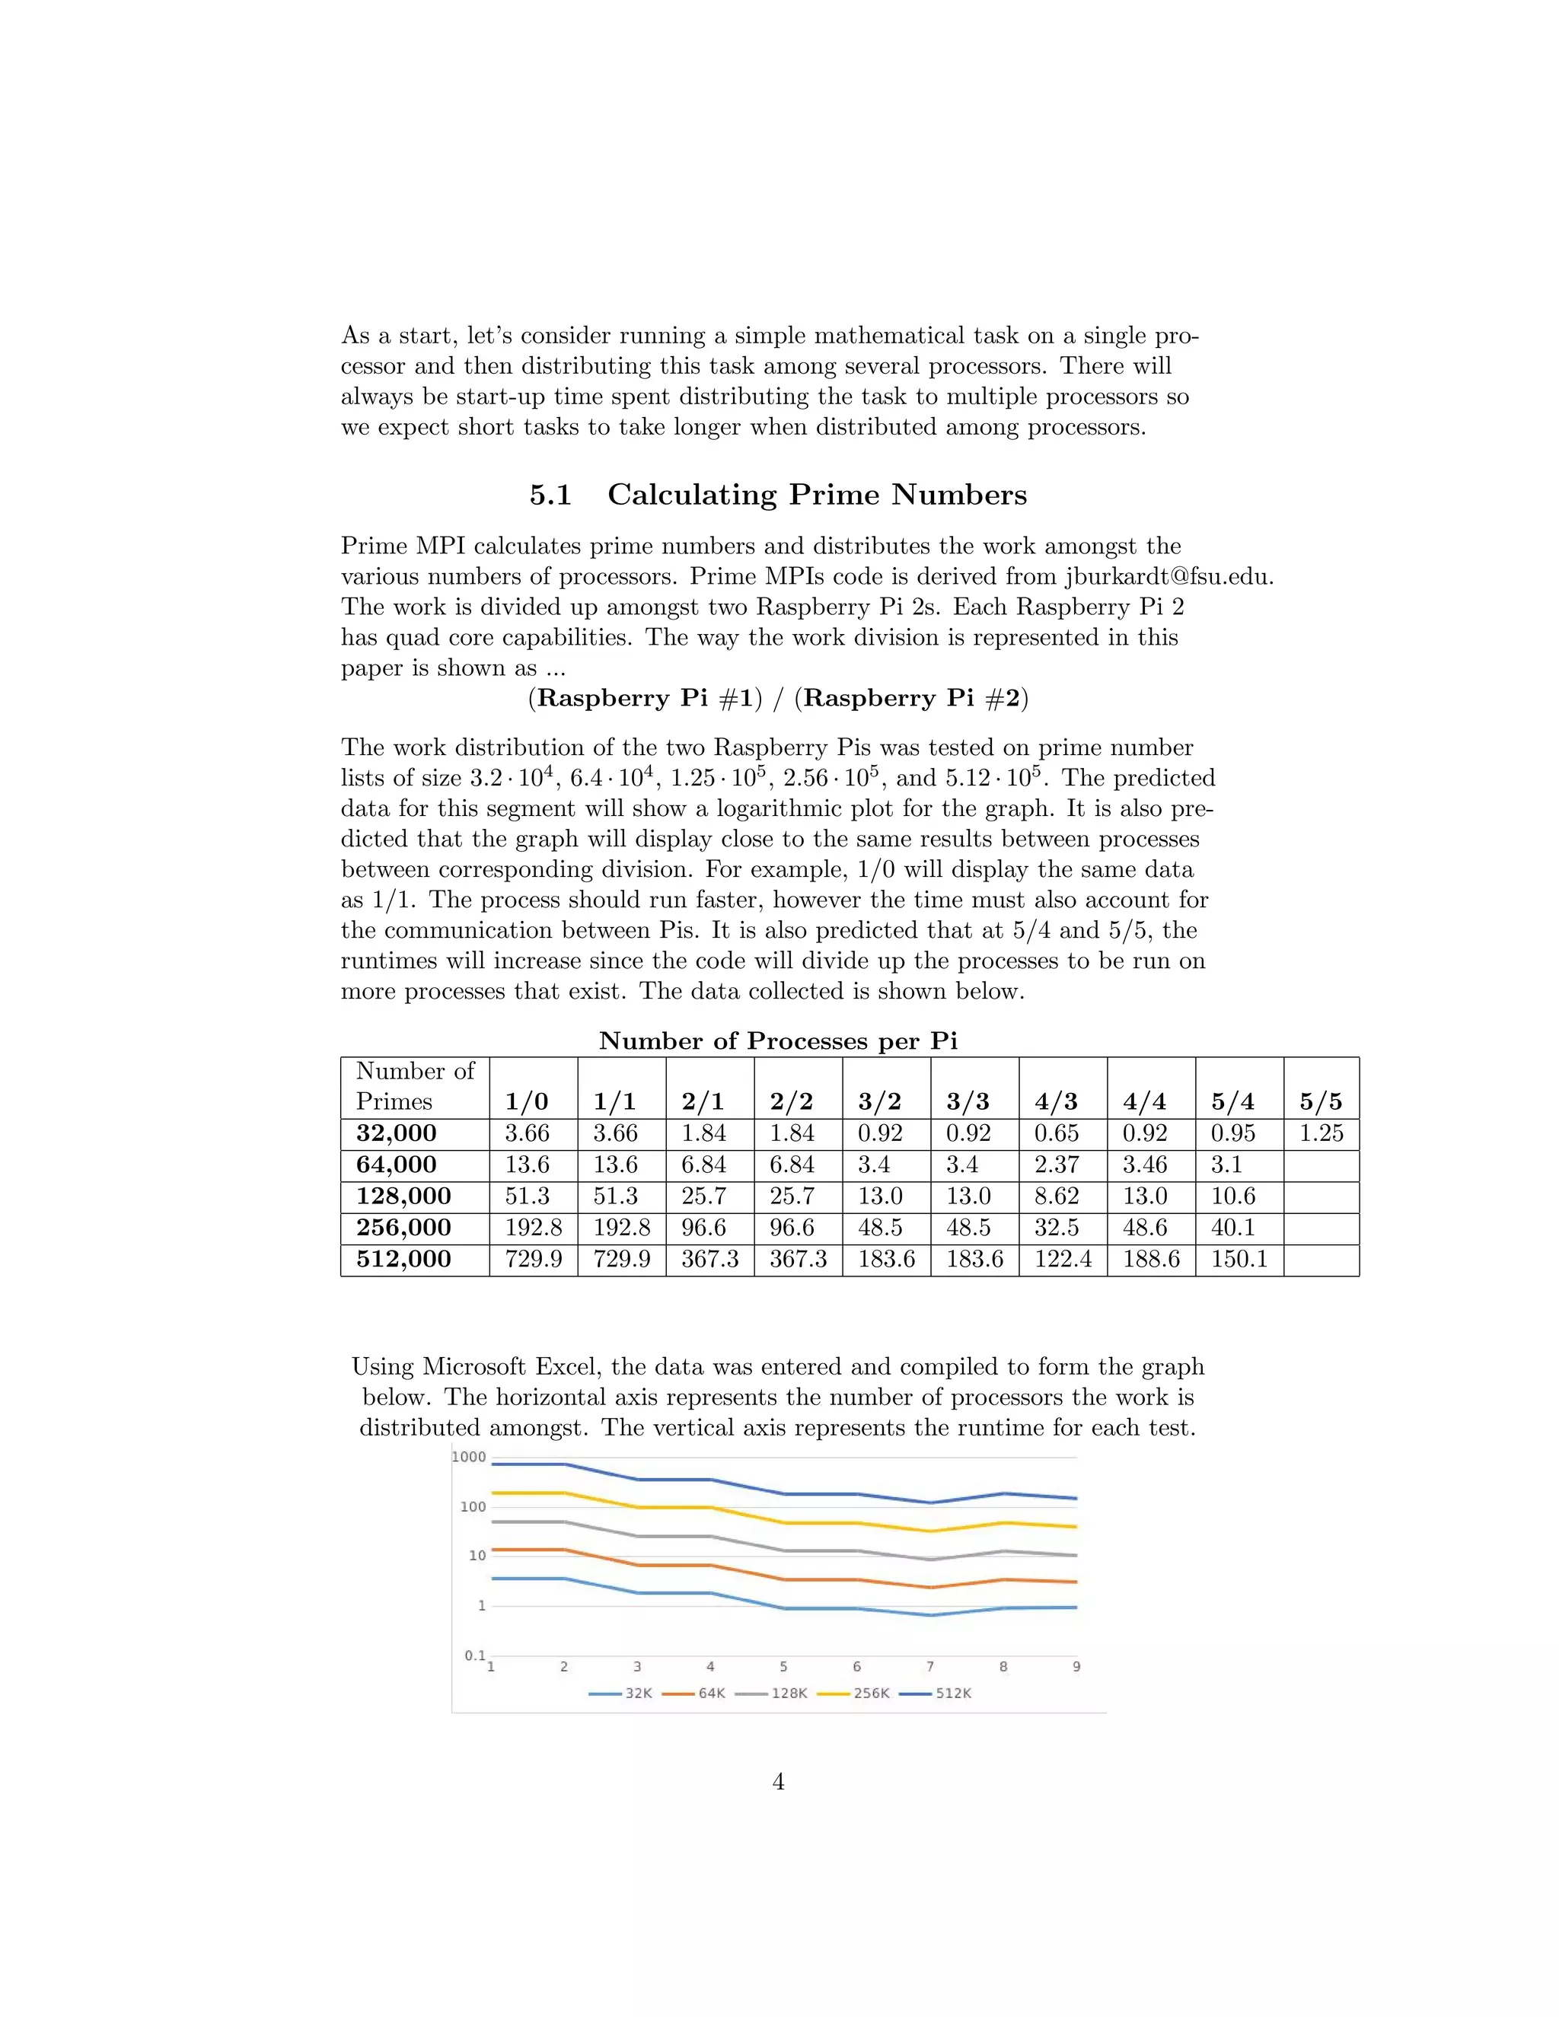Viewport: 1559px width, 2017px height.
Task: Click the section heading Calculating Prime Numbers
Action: coord(817,495)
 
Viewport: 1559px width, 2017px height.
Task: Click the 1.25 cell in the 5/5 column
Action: coord(1321,1133)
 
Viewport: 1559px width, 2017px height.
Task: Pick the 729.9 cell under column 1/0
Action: coord(533,1259)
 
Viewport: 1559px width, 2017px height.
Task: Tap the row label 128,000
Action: coord(403,1196)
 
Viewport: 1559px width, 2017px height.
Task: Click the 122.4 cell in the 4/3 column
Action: coord(1062,1259)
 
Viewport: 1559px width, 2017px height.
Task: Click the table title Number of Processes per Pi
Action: coord(778,1040)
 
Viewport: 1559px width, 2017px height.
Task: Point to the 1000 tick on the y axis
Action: coord(469,1458)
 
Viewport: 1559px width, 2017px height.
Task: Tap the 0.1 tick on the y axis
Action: coord(475,1655)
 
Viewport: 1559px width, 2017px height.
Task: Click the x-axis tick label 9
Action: coord(1076,1667)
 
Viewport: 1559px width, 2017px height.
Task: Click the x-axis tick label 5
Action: coord(783,1667)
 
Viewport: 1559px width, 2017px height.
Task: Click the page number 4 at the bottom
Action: coord(779,1782)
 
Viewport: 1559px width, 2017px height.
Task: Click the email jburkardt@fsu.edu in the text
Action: coord(1168,576)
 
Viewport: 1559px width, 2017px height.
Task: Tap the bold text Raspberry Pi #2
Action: coord(911,698)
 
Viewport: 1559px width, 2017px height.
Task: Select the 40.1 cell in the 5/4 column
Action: coord(1233,1228)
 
